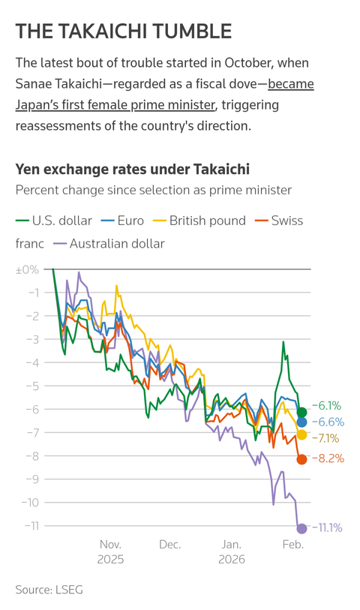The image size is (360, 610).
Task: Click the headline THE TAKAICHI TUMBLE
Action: pyautogui.click(x=124, y=31)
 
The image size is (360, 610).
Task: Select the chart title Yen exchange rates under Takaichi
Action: pyautogui.click(x=132, y=170)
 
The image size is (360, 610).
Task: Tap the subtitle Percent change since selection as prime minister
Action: pyautogui.click(x=153, y=190)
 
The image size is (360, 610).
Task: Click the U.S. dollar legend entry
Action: pyautogui.click(x=54, y=221)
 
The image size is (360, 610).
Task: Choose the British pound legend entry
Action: pyautogui.click(x=199, y=221)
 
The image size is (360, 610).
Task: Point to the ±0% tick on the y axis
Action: pyautogui.click(x=26, y=269)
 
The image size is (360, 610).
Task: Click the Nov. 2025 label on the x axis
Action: pyautogui.click(x=110, y=551)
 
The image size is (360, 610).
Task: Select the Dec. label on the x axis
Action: pyautogui.click(x=169, y=544)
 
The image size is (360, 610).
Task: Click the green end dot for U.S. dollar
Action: pyautogui.click(x=302, y=412)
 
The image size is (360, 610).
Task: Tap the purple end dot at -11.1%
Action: pyautogui.click(x=302, y=528)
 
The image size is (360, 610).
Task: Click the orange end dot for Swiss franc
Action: pyautogui.click(x=302, y=459)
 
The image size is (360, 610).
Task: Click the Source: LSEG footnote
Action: pyautogui.click(x=49, y=590)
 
